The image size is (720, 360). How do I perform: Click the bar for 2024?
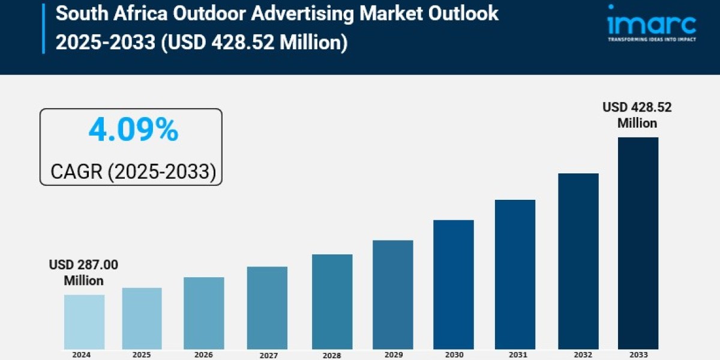tap(84, 322)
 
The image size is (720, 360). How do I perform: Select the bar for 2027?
tap(267, 308)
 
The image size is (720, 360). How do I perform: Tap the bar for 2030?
tap(453, 284)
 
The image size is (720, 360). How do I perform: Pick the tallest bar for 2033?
tap(638, 243)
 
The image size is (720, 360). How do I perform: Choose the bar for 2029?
tap(392, 295)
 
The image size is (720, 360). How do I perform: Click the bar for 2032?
tap(578, 261)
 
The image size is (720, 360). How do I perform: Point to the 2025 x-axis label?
tap(142, 355)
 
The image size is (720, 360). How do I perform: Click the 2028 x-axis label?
tap(332, 355)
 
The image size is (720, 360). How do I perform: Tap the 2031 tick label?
tap(515, 355)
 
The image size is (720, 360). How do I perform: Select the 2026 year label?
tap(203, 355)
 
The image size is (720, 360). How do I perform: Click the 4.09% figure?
tap(133, 130)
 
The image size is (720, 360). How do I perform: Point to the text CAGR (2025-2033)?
tap(133, 172)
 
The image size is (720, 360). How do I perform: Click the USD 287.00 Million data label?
tap(84, 272)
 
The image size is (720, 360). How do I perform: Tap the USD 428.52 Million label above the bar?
tap(637, 115)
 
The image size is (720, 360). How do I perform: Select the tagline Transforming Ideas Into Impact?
tap(651, 39)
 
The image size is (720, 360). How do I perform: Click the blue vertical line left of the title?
tap(44, 28)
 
